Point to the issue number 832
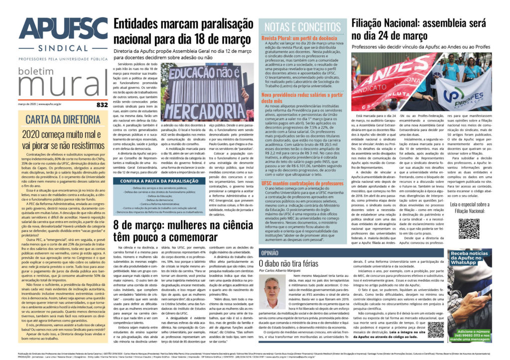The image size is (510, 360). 102,105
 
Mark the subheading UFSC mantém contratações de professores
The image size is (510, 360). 309,183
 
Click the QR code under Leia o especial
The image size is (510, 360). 469,228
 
